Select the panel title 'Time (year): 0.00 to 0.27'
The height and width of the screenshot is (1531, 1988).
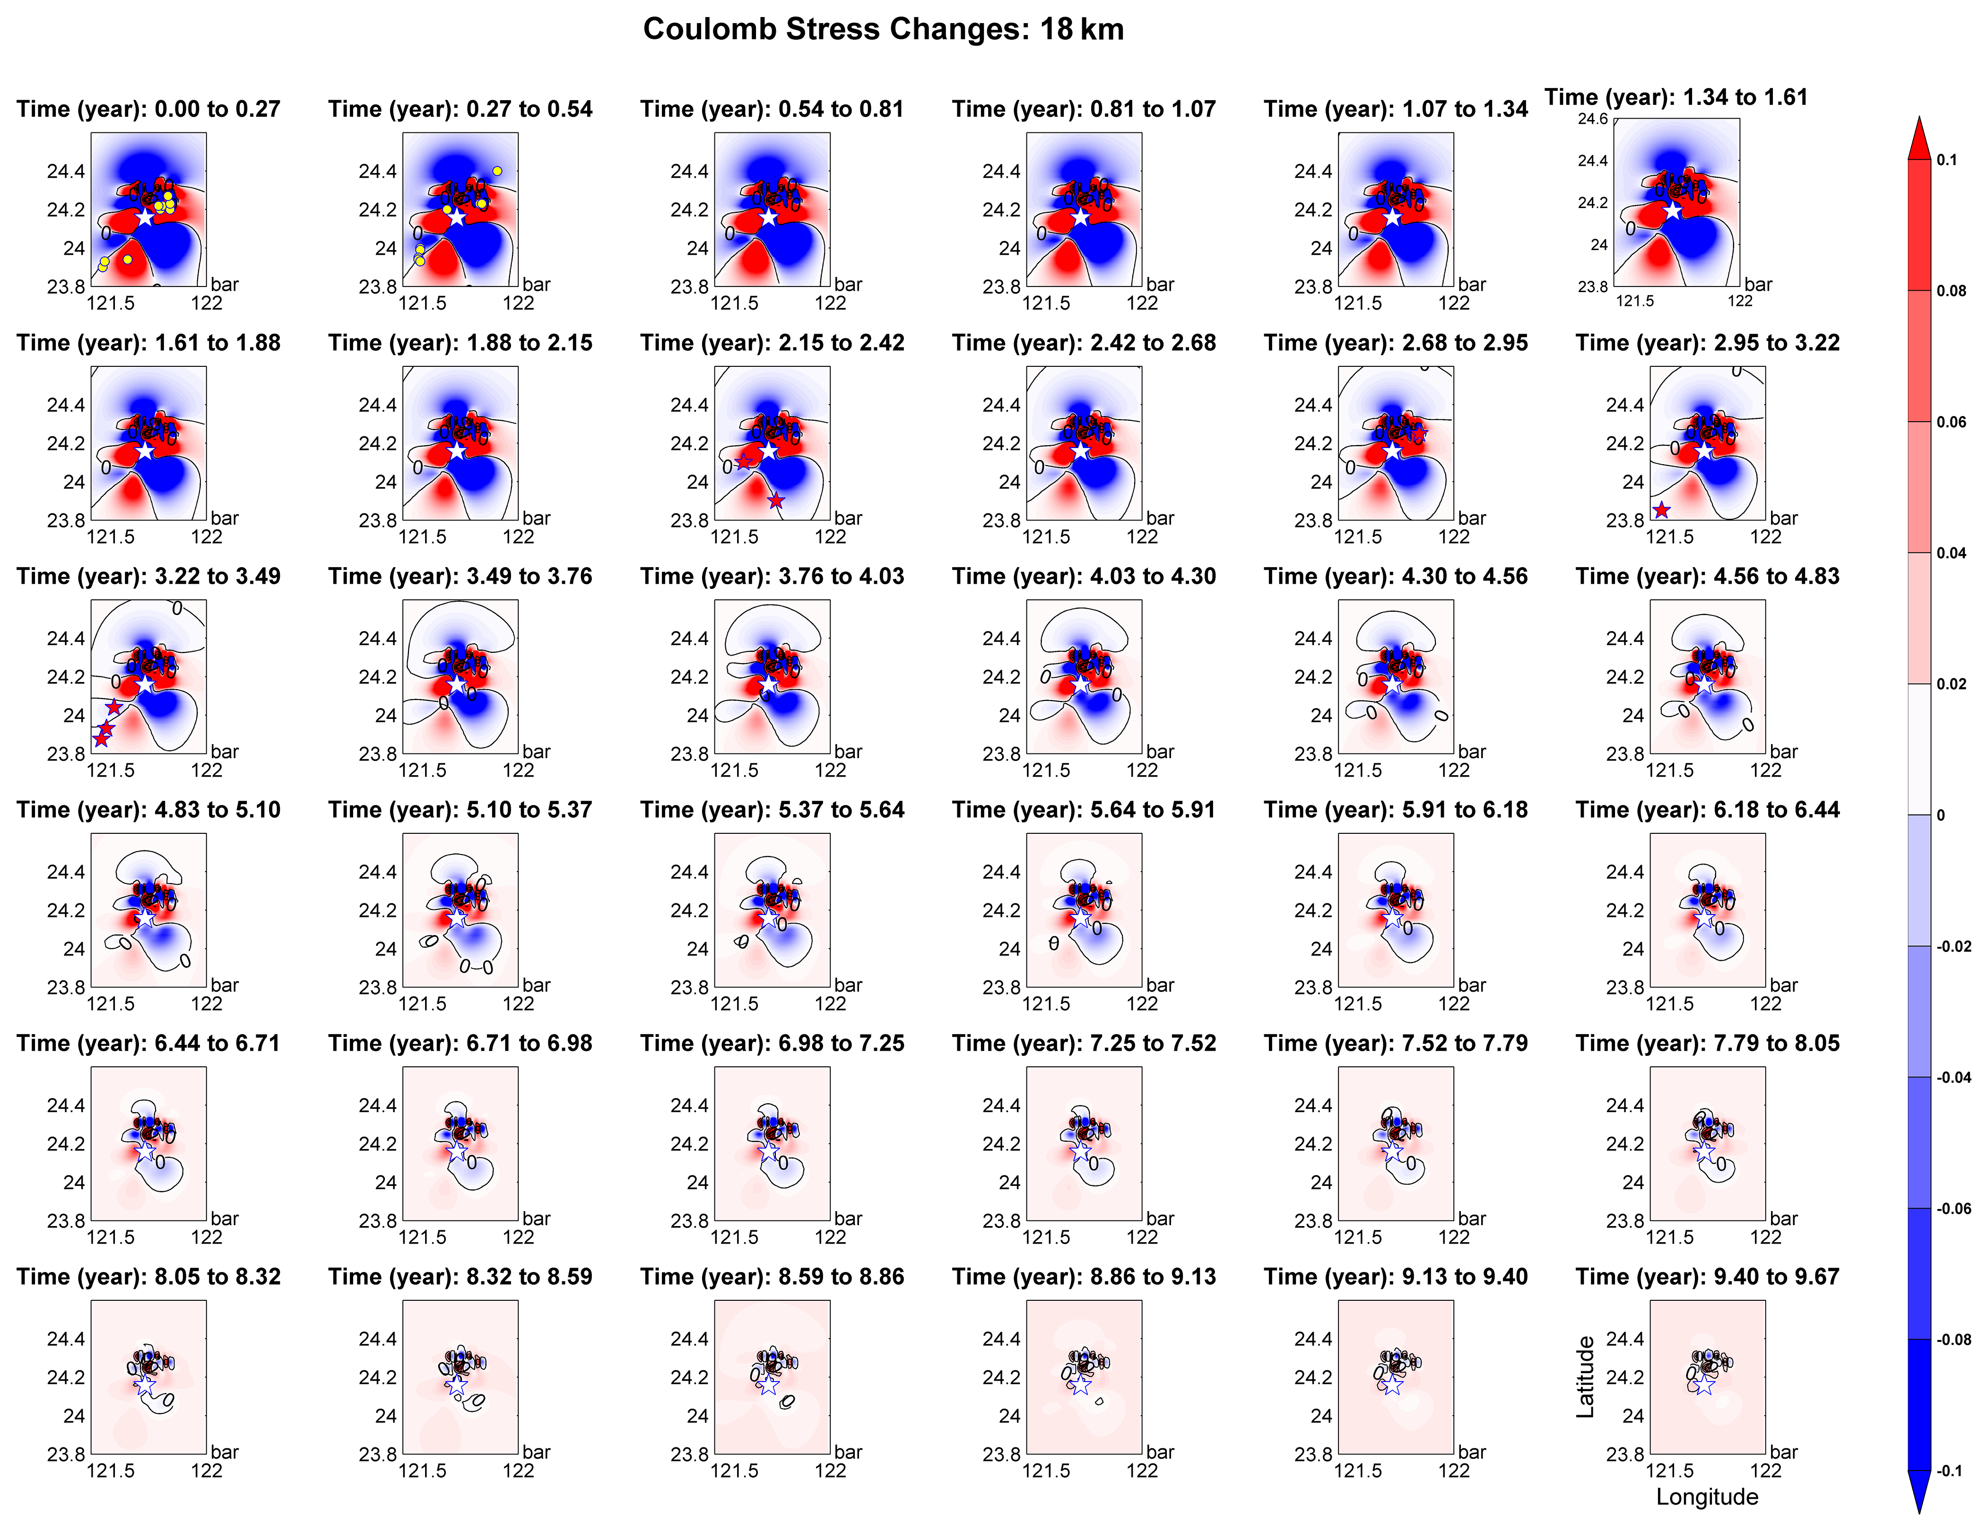(148, 109)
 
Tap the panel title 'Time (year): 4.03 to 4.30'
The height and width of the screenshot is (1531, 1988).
(1083, 576)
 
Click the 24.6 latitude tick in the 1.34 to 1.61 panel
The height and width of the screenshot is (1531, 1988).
(1593, 119)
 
